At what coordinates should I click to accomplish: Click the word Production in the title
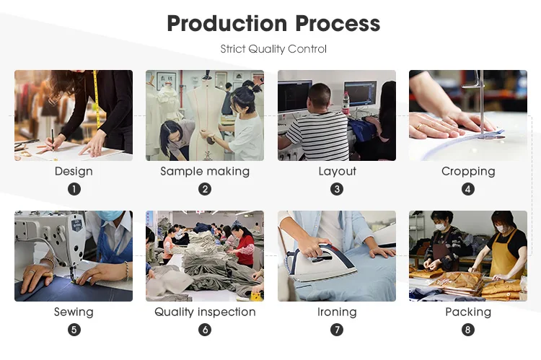(x=227, y=24)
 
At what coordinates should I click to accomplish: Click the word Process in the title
(x=338, y=24)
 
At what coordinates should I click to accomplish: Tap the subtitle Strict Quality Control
(x=273, y=49)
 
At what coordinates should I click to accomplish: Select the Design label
(x=74, y=171)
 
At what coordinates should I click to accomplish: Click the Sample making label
(x=205, y=171)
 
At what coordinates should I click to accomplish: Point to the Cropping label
(x=468, y=171)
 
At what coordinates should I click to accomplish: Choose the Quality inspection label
(x=205, y=312)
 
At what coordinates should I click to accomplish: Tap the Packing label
(x=468, y=312)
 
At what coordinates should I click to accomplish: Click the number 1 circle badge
(x=74, y=189)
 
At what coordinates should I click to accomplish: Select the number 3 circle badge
(x=337, y=189)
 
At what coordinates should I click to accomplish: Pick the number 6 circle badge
(x=205, y=330)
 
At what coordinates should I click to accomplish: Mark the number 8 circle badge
(x=468, y=330)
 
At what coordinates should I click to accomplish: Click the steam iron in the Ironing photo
(x=319, y=263)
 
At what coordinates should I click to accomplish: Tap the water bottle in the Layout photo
(x=346, y=103)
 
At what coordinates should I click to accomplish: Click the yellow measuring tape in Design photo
(x=97, y=100)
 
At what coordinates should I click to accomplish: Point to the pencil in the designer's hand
(x=53, y=140)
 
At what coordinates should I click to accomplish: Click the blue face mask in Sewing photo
(x=110, y=216)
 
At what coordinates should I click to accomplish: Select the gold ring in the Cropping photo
(x=420, y=126)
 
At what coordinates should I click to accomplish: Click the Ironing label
(x=337, y=312)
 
